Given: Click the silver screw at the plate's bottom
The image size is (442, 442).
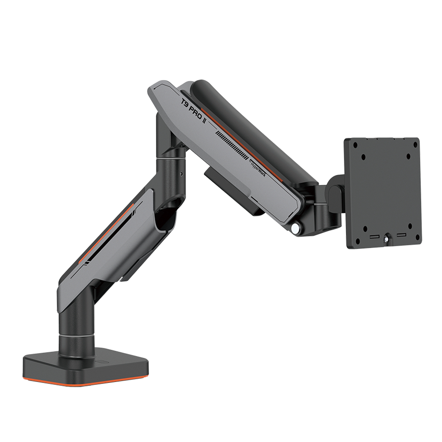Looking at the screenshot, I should click(388, 239).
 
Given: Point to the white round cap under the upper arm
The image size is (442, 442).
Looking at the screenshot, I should click(295, 228).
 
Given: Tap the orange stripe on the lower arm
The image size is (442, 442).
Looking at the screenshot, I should click(106, 234).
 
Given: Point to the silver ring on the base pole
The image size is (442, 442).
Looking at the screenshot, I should click(77, 337).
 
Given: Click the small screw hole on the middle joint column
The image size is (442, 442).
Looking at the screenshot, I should click(181, 173).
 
